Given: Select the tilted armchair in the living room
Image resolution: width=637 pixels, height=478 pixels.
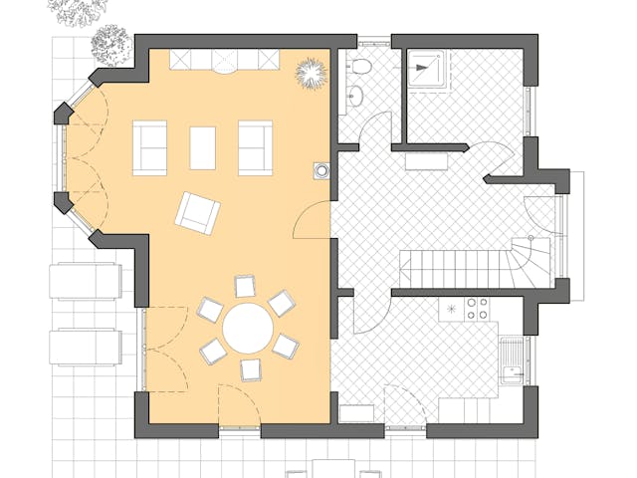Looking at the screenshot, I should click(x=197, y=212).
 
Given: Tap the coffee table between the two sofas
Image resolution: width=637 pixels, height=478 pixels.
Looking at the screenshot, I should click(x=203, y=147).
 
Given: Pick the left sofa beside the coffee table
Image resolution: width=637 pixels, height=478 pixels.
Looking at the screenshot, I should click(x=150, y=147).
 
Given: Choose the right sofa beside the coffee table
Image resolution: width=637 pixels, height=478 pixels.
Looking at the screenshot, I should click(x=255, y=147).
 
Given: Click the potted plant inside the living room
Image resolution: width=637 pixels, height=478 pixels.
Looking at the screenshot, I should click(x=312, y=73).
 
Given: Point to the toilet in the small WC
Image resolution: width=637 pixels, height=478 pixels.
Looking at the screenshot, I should click(x=359, y=67).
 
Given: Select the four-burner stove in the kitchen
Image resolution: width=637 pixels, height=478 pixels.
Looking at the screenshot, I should click(x=478, y=309).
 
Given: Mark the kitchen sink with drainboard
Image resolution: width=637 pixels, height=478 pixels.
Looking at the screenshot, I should click(x=513, y=361).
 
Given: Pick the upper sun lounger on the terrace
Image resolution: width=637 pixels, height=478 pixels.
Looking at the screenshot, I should click(x=86, y=281).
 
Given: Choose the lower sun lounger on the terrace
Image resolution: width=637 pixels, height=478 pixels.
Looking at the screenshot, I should click(x=86, y=346).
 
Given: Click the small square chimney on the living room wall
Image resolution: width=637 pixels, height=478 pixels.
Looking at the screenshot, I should click(x=320, y=170).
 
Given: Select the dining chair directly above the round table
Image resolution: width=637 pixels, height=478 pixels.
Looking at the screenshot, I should click(x=244, y=287).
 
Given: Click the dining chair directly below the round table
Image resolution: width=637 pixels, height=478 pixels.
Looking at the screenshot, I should click(x=251, y=370).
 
